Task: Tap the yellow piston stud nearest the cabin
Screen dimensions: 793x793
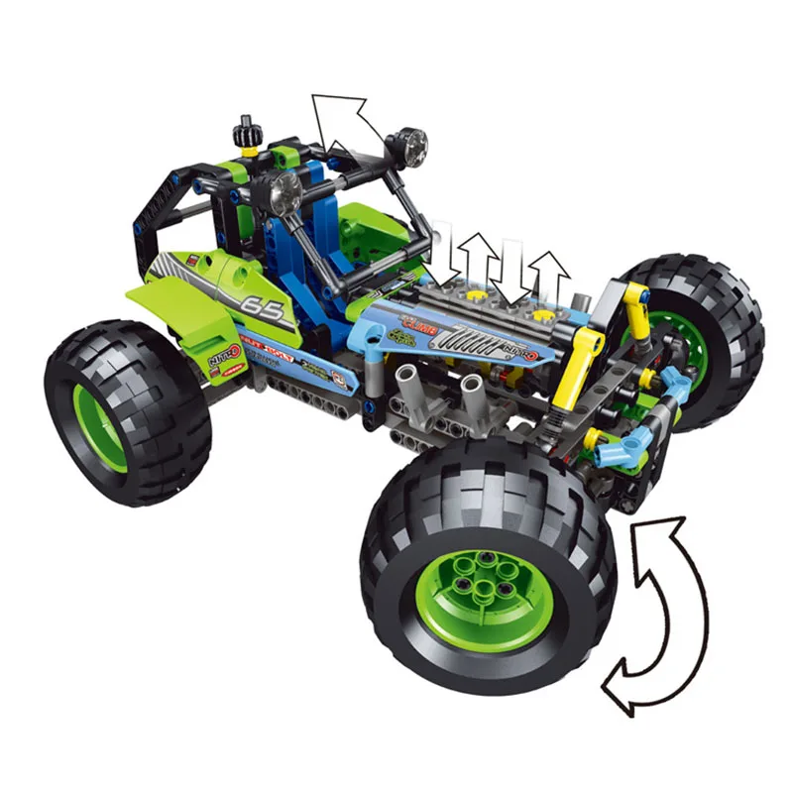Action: [477, 295]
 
